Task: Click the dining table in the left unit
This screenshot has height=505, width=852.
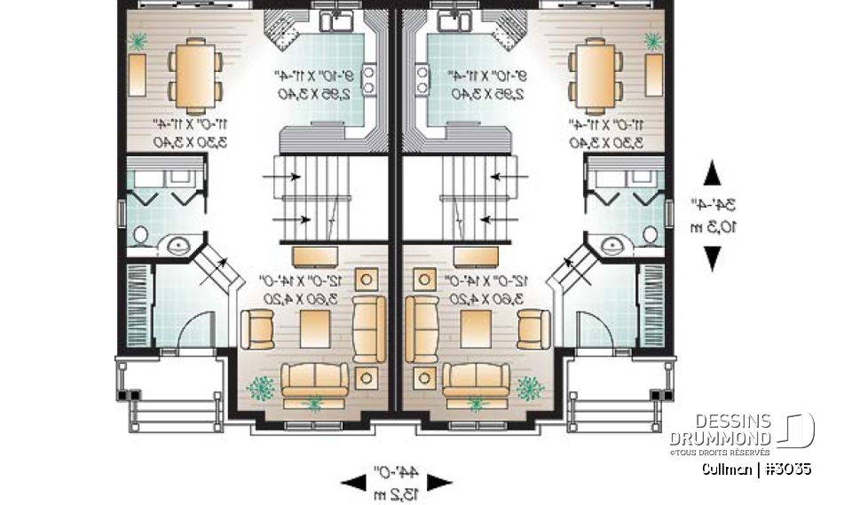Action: click(x=194, y=75)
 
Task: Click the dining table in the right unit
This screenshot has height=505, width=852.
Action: click(x=593, y=75)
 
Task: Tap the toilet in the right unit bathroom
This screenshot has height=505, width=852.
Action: click(x=650, y=235)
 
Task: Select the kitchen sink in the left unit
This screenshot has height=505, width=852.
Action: click(x=337, y=20)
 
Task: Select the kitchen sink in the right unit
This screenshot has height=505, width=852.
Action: click(x=450, y=20)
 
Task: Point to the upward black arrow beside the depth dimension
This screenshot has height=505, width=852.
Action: click(x=712, y=174)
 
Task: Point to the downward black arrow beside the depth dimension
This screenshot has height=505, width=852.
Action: click(x=712, y=257)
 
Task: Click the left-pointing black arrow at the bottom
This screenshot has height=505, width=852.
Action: click(x=353, y=482)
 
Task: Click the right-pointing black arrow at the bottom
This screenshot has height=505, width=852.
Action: click(x=440, y=482)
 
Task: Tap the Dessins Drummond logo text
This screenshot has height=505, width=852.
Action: click(x=720, y=430)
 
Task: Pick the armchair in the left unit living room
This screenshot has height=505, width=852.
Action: click(x=258, y=329)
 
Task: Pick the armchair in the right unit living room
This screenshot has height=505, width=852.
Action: click(x=532, y=329)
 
